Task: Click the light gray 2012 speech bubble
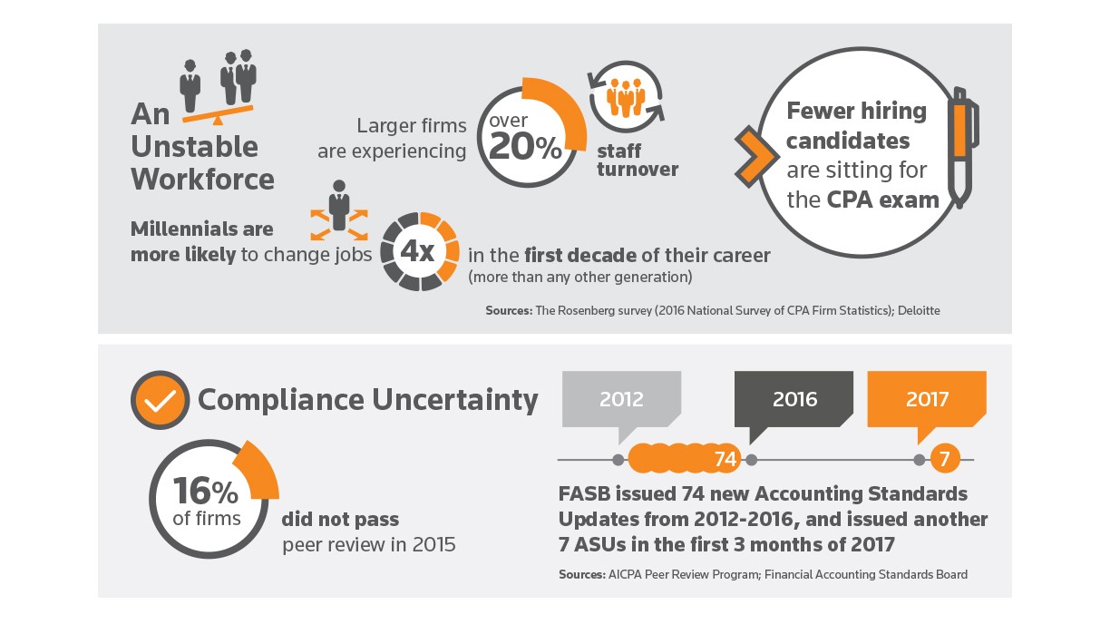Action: click(621, 399)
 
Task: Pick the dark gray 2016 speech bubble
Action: click(794, 399)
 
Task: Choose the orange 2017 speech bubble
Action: click(926, 399)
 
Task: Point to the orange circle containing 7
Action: click(944, 460)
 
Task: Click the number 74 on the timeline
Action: click(725, 460)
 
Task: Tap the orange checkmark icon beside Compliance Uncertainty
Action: click(160, 401)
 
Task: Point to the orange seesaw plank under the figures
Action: click(218, 113)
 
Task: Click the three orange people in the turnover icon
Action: click(626, 98)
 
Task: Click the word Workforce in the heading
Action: click(202, 179)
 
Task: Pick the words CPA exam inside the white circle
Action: click(883, 200)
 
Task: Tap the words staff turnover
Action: click(638, 160)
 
